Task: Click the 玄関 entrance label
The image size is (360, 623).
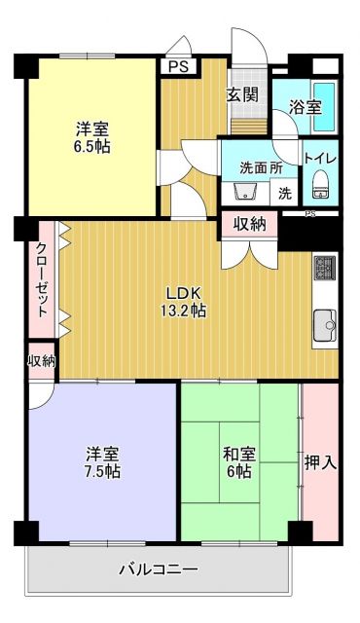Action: pyautogui.click(x=242, y=94)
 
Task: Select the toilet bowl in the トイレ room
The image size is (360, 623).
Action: pyautogui.click(x=320, y=185)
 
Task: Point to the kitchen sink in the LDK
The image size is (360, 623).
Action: pyautogui.click(x=324, y=323)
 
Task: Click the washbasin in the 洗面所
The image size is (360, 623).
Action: pyautogui.click(x=245, y=189)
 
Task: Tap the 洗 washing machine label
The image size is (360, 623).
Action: pyautogui.click(x=285, y=193)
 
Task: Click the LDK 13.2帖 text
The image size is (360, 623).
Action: pyautogui.click(x=184, y=301)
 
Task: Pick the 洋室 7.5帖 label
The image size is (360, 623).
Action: pyautogui.click(x=102, y=461)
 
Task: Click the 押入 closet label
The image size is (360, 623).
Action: pyautogui.click(x=320, y=461)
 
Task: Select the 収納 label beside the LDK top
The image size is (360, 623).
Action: pyautogui.click(x=249, y=223)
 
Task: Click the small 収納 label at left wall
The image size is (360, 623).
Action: pyautogui.click(x=41, y=361)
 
